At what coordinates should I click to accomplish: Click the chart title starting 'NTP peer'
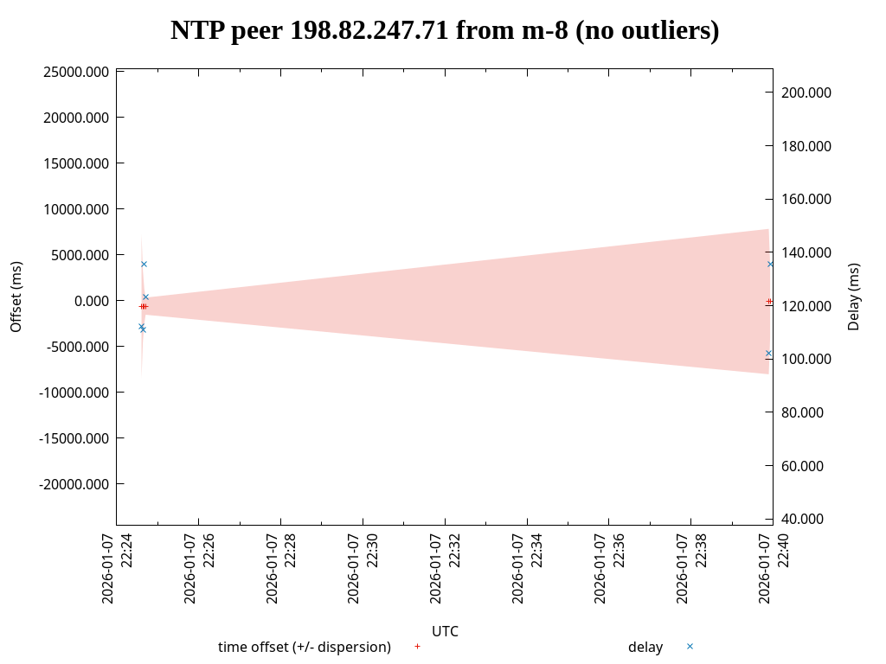click(445, 31)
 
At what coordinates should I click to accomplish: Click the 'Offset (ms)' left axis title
click(16, 297)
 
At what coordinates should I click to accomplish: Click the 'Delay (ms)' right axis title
click(854, 297)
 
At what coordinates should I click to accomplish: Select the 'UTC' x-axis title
click(445, 631)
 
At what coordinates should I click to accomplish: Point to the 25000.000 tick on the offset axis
click(76, 72)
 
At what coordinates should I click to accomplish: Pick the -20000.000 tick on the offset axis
click(74, 484)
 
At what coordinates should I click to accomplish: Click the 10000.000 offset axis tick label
click(76, 209)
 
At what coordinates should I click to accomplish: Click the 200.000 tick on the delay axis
click(806, 93)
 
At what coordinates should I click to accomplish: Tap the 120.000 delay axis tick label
click(806, 306)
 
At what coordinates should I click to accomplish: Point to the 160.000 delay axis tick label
click(806, 199)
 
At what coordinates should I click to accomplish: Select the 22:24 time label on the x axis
click(117, 569)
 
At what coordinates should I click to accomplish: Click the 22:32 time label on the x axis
click(445, 569)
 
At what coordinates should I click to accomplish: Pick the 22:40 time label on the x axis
click(773, 569)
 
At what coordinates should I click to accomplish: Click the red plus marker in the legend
click(417, 647)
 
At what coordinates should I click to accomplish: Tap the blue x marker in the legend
click(690, 647)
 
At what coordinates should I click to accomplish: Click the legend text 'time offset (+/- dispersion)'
click(305, 647)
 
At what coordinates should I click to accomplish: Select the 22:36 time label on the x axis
click(609, 569)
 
